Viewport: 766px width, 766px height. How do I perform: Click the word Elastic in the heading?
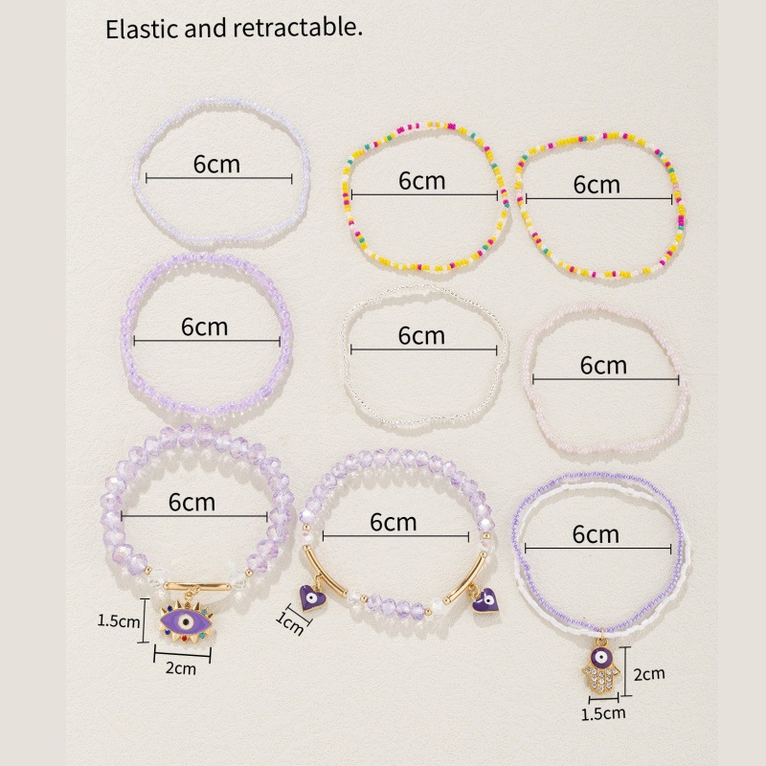pyautogui.click(x=136, y=29)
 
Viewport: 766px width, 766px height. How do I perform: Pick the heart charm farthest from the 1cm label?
pyautogui.click(x=486, y=600)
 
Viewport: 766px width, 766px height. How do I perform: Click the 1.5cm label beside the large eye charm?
pyautogui.click(x=119, y=620)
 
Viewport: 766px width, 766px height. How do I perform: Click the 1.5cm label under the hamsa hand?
pyautogui.click(x=605, y=712)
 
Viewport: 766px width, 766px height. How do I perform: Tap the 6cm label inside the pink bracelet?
pyautogui.click(x=603, y=365)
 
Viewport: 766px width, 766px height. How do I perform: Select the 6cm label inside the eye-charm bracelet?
pyautogui.click(x=191, y=501)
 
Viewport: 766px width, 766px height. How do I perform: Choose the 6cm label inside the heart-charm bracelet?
pyautogui.click(x=393, y=522)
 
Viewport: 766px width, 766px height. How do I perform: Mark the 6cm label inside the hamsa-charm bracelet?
pyautogui.click(x=596, y=533)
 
